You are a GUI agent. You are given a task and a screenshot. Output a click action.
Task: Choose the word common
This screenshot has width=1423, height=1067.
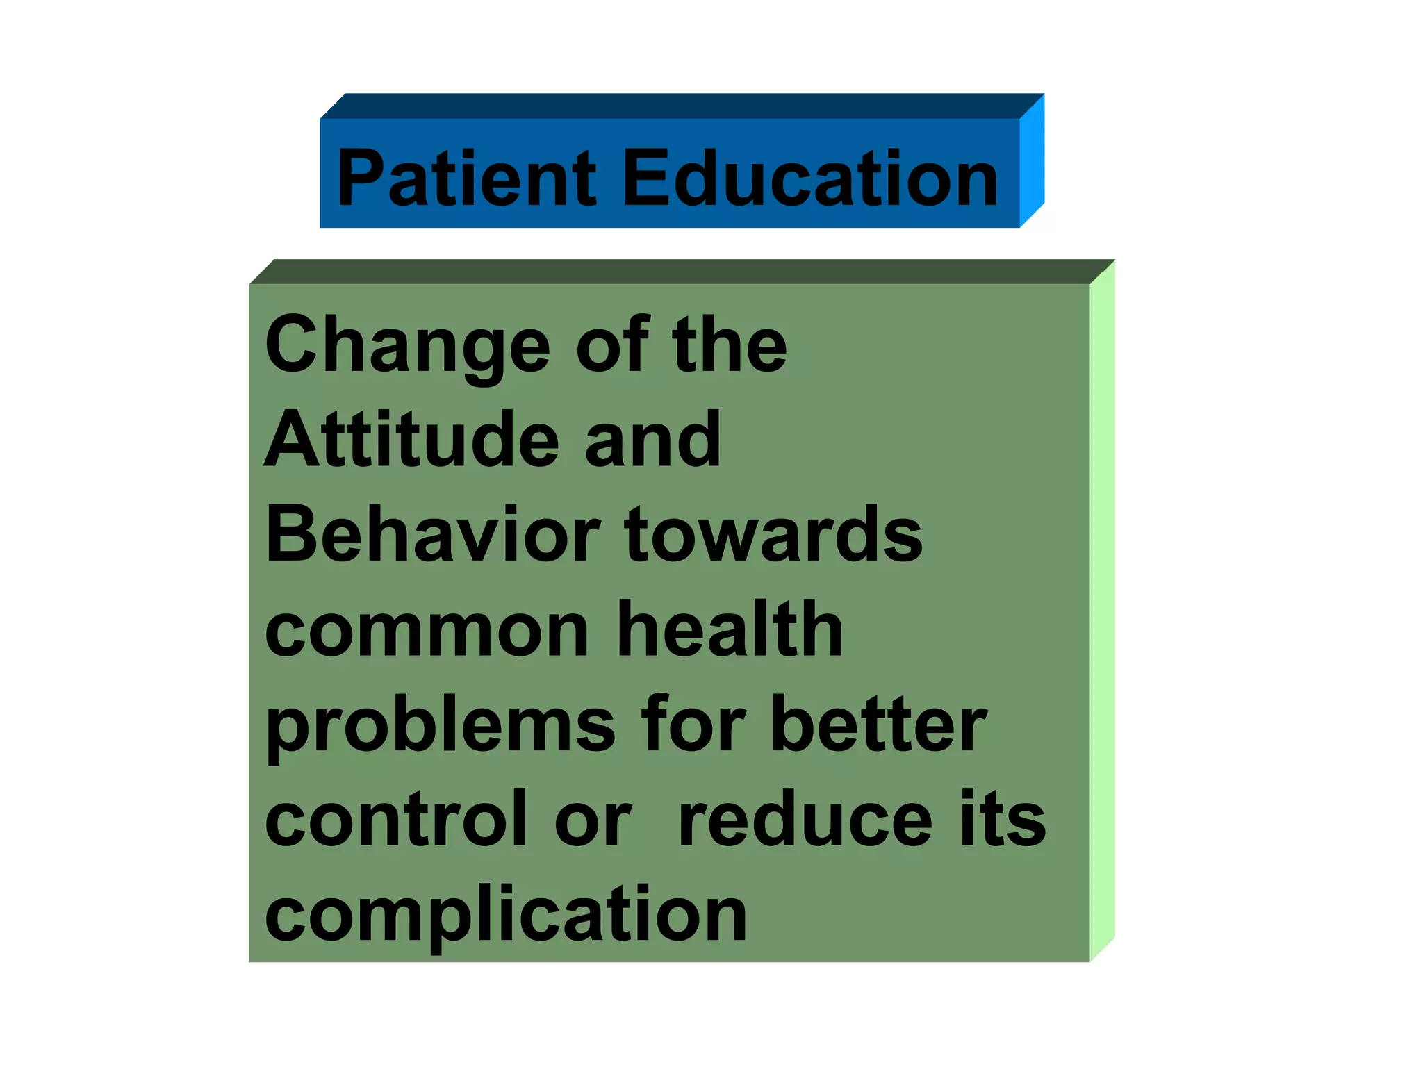pos(427,630)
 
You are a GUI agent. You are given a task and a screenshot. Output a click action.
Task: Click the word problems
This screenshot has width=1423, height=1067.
pos(440,726)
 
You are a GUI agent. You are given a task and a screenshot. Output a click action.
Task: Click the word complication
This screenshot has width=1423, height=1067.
pos(506,916)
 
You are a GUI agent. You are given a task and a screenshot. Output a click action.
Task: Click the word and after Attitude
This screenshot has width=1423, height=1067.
pos(652,440)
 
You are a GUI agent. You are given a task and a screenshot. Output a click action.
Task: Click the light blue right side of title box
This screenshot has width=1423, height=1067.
pos(1032,161)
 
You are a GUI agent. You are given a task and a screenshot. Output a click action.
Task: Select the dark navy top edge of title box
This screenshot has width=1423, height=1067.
pos(681,106)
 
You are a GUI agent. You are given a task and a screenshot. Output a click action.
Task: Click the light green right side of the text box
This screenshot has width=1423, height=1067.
pos(1102,611)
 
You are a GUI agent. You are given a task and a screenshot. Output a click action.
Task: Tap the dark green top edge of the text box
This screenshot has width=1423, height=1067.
pos(681,272)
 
